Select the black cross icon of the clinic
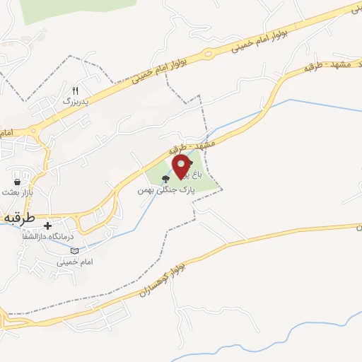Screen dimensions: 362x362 coord(48,226)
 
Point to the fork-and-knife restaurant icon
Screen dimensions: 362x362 coord(76,90)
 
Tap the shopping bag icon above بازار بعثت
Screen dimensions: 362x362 coord(16,182)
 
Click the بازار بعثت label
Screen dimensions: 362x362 coord(18,192)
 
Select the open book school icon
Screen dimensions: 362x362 coord(76,250)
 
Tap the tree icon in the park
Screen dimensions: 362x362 coord(166,179)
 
